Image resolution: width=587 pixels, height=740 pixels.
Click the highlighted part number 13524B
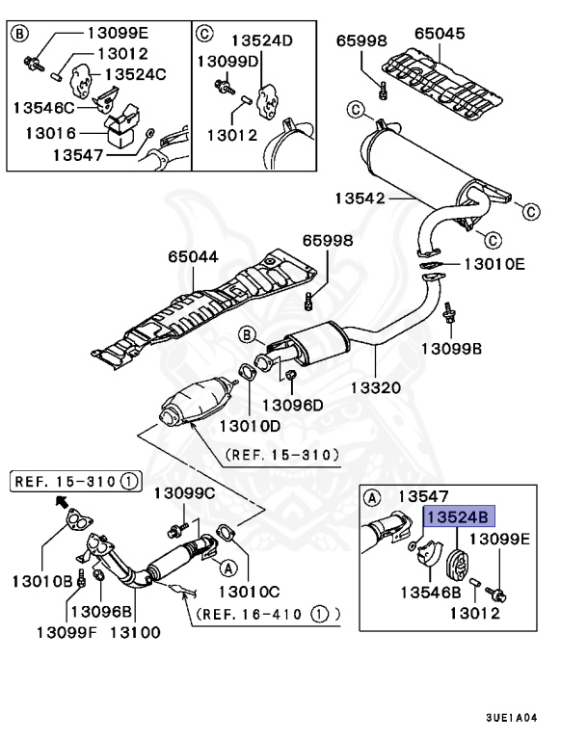[457, 516]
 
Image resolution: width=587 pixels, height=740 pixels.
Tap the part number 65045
[439, 34]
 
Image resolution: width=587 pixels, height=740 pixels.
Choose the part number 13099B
[451, 349]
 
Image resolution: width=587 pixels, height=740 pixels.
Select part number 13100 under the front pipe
[134, 632]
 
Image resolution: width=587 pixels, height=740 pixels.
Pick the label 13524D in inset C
[260, 40]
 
